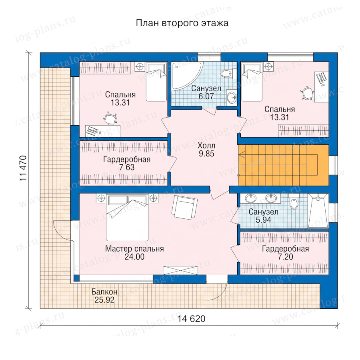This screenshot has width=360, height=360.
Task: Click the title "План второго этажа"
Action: (182, 23)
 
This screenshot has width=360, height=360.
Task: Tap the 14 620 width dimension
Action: (191, 319)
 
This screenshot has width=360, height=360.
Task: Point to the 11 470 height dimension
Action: (23, 168)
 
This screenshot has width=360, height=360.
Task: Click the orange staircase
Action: (284, 165)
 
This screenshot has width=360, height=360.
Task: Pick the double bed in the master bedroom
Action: (127, 218)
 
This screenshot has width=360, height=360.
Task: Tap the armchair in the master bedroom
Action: (184, 207)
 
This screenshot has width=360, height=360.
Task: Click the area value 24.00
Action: (134, 257)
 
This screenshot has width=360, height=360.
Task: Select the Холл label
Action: (206, 146)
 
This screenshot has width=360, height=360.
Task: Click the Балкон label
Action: (104, 292)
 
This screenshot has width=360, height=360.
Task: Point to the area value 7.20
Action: (285, 257)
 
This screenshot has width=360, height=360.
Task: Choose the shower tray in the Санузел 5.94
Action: (318, 211)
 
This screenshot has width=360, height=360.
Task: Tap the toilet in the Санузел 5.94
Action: (294, 201)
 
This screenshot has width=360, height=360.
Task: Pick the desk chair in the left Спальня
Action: (110, 118)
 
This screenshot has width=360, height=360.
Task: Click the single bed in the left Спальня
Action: (156, 82)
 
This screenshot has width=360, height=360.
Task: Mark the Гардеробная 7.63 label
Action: (127, 163)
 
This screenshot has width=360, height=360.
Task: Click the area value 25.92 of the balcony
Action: (104, 300)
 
